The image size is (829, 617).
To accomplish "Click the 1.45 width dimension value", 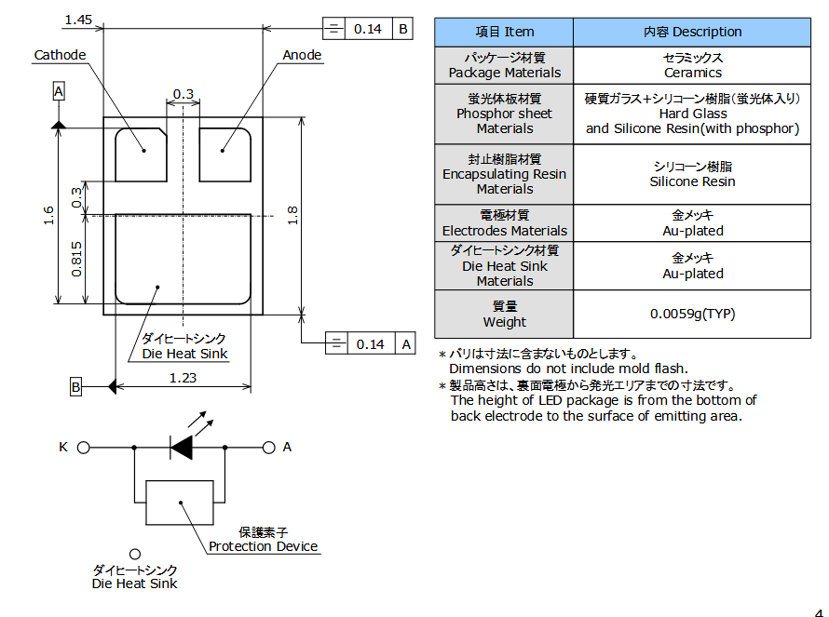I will point(78,20).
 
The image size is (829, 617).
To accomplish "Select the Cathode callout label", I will point(60,55).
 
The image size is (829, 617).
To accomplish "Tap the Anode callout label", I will point(302,55).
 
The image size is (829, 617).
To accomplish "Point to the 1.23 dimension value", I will point(183,378).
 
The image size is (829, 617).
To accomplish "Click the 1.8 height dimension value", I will point(292,215).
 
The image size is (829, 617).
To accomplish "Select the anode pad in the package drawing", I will point(225,154).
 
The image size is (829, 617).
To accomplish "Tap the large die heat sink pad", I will point(183,258).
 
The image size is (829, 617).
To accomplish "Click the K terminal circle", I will point(83,448).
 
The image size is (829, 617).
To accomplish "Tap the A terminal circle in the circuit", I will point(269,448).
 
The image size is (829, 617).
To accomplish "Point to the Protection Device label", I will point(264,546).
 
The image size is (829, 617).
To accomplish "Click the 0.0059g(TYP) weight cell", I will point(692,314).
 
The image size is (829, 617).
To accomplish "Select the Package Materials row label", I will point(505,65).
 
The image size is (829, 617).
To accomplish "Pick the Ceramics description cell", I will point(692,65).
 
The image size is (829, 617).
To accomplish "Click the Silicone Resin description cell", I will point(692,174).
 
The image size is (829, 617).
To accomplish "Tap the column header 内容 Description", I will point(692,32).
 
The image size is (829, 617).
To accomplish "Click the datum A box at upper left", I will point(59,91).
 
